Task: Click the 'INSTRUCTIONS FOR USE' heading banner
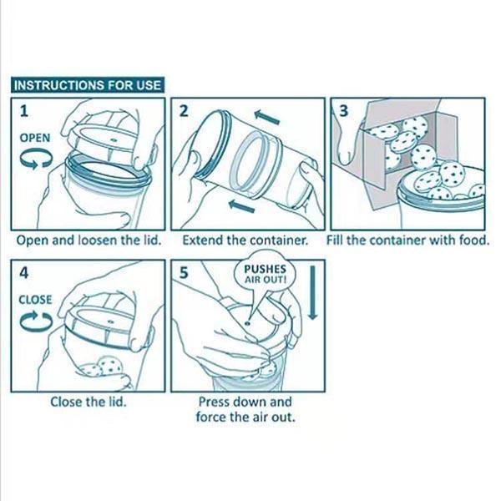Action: (x=88, y=85)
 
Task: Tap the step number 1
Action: (x=24, y=111)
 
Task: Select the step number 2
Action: (x=184, y=111)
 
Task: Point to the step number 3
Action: (x=343, y=111)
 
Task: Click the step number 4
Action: (x=24, y=273)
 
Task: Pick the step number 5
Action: (x=184, y=273)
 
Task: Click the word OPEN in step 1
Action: (x=35, y=138)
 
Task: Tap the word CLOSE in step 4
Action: (x=35, y=300)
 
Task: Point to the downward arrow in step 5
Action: (x=312, y=292)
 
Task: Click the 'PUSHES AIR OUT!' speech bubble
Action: (x=265, y=274)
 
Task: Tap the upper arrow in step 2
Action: (x=267, y=117)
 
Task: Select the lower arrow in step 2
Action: (x=241, y=206)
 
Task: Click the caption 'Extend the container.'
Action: (x=245, y=240)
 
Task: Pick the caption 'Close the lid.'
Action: (x=89, y=402)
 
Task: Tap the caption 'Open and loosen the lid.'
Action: (x=89, y=240)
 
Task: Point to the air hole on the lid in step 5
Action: (x=247, y=323)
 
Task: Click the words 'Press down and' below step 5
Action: (x=245, y=402)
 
